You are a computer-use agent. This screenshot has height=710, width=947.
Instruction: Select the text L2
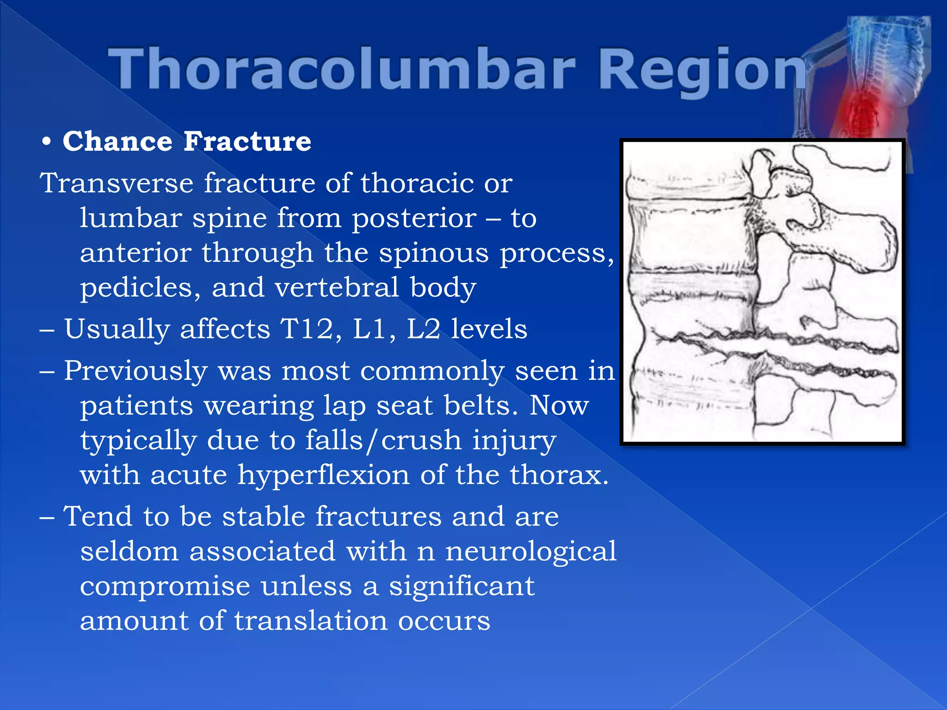coord(423,329)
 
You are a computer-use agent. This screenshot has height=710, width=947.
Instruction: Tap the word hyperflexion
coord(323,475)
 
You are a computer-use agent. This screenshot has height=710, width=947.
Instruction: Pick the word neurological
coord(530,551)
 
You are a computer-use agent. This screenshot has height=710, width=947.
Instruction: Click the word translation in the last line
coord(310,621)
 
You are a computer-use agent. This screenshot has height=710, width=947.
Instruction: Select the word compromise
coord(165,586)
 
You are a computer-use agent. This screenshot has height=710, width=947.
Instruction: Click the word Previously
coord(135,371)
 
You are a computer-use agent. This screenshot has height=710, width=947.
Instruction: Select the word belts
coord(480,405)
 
